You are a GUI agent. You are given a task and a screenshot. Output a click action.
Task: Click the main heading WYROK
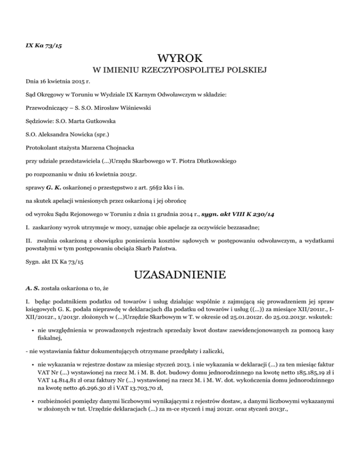tap(180, 59)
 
